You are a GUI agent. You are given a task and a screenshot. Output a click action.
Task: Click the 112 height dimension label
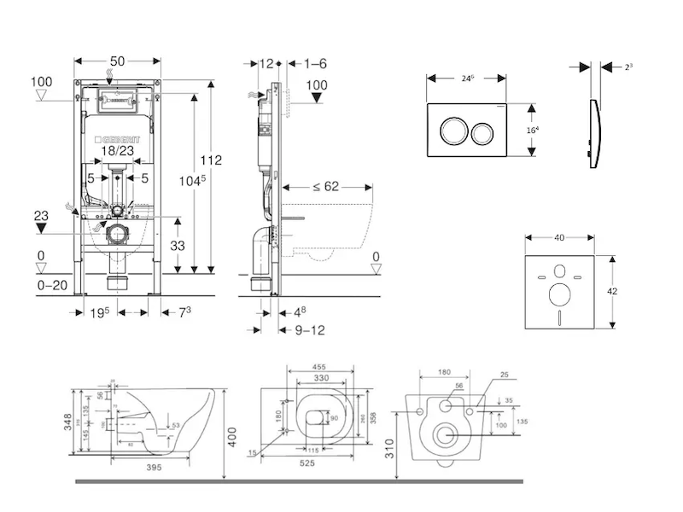(211, 160)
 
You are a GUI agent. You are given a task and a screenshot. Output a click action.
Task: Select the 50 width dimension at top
(118, 61)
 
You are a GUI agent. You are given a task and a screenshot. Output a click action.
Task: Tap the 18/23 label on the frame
(118, 151)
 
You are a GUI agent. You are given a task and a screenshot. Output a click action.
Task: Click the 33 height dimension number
(178, 244)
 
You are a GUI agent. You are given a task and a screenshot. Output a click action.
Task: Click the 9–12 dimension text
(308, 329)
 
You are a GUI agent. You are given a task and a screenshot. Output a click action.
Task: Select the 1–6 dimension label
(315, 62)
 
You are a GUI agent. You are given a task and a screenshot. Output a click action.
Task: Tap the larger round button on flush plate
(452, 132)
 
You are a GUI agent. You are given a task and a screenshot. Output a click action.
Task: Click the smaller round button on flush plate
(483, 132)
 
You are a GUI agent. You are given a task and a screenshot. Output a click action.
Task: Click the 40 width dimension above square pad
(559, 239)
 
